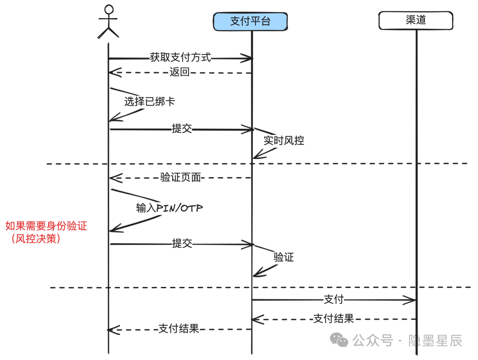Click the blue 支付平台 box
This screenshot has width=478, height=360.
250,21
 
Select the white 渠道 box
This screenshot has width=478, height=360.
416,20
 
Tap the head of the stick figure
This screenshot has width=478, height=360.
109,9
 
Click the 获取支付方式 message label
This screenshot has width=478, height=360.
181,58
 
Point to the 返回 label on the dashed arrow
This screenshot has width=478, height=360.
180,72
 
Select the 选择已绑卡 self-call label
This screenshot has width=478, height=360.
150,101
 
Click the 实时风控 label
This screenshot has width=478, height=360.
284,140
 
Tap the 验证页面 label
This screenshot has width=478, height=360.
181,177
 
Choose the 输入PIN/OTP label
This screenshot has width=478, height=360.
170,208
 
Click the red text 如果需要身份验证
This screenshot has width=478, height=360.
46,226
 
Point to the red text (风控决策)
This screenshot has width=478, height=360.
36,239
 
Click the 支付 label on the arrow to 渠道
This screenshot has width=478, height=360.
334,299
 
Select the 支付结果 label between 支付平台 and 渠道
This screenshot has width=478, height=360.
334,318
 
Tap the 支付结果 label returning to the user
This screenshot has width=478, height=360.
179,329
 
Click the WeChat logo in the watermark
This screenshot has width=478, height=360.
339,340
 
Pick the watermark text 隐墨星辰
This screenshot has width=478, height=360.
436,341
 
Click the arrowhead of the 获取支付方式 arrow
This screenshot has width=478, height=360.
247,58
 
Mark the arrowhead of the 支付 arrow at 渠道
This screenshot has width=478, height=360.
410,300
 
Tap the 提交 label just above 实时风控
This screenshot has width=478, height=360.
182,128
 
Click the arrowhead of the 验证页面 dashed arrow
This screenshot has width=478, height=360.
116,178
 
